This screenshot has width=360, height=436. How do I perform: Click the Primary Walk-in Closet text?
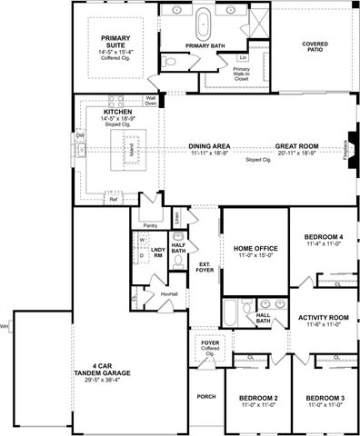[241, 74]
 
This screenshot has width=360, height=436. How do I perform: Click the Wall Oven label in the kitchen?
[150, 101]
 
